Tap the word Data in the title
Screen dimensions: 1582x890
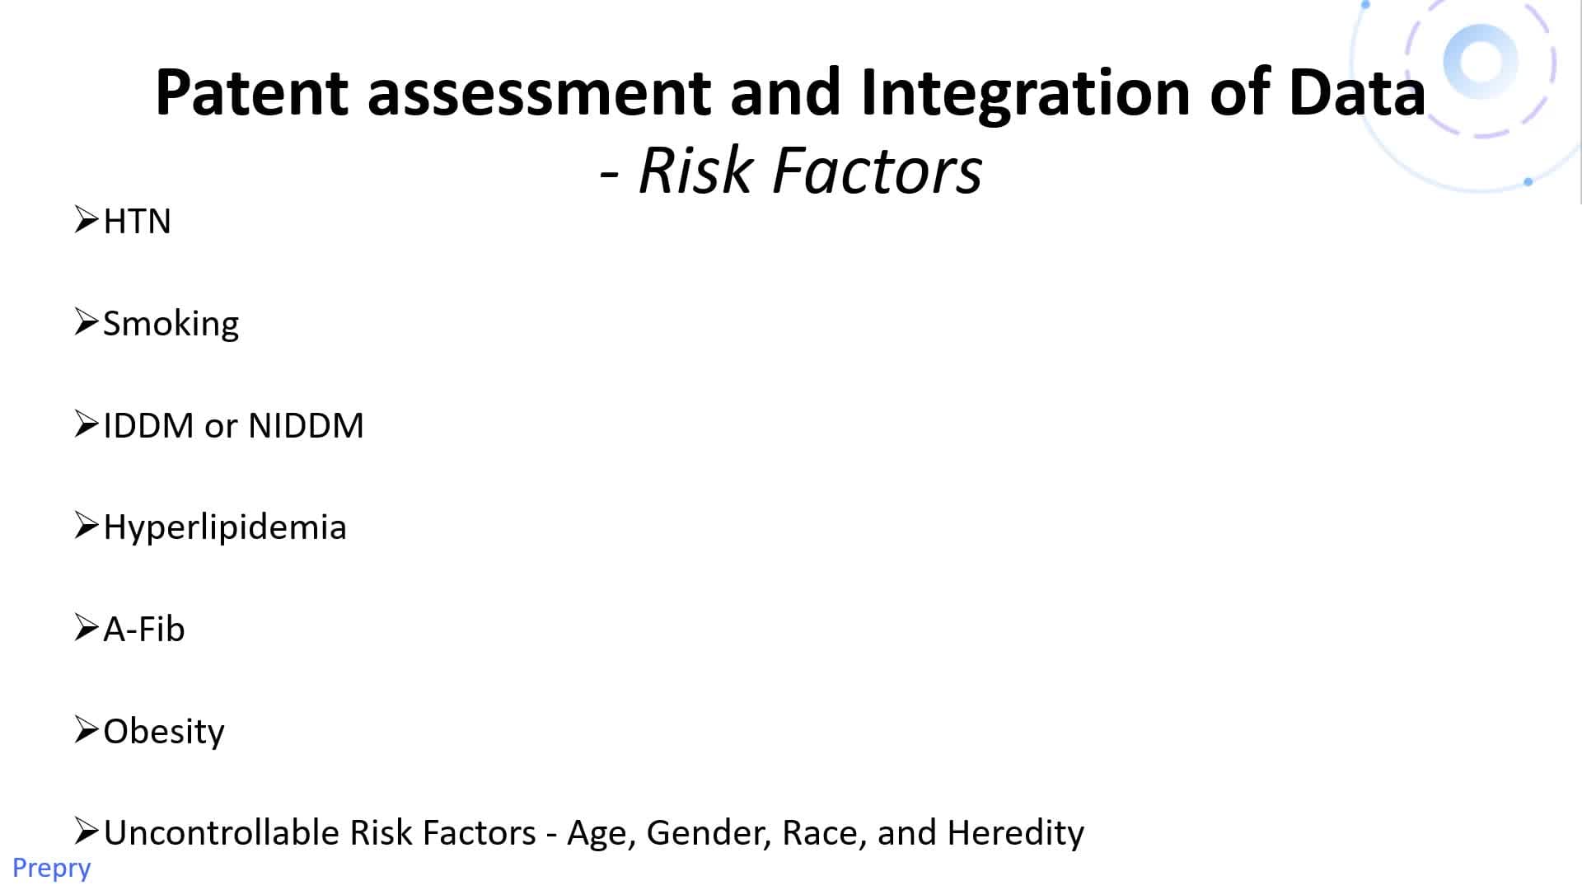pyautogui.click(x=1357, y=91)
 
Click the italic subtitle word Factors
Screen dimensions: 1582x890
pyautogui.click(x=878, y=171)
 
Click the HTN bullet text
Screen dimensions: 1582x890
pyautogui.click(x=137, y=221)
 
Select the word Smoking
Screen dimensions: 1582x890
pyautogui.click(x=171, y=324)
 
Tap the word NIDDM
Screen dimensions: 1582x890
pyautogui.click(x=306, y=425)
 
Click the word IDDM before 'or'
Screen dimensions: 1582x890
pyautogui.click(x=148, y=425)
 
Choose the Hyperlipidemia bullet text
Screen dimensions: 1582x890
pyautogui.click(x=225, y=528)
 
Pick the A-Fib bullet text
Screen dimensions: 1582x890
pyautogui.click(x=144, y=629)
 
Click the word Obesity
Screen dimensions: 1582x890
pyautogui.click(x=164, y=732)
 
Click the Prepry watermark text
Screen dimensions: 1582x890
pyautogui.click(x=51, y=869)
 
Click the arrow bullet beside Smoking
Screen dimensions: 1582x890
pyautogui.click(x=87, y=321)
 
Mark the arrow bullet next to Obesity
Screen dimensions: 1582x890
pyautogui.click(x=87, y=729)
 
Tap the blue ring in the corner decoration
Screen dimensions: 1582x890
pyautogui.click(x=1481, y=62)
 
